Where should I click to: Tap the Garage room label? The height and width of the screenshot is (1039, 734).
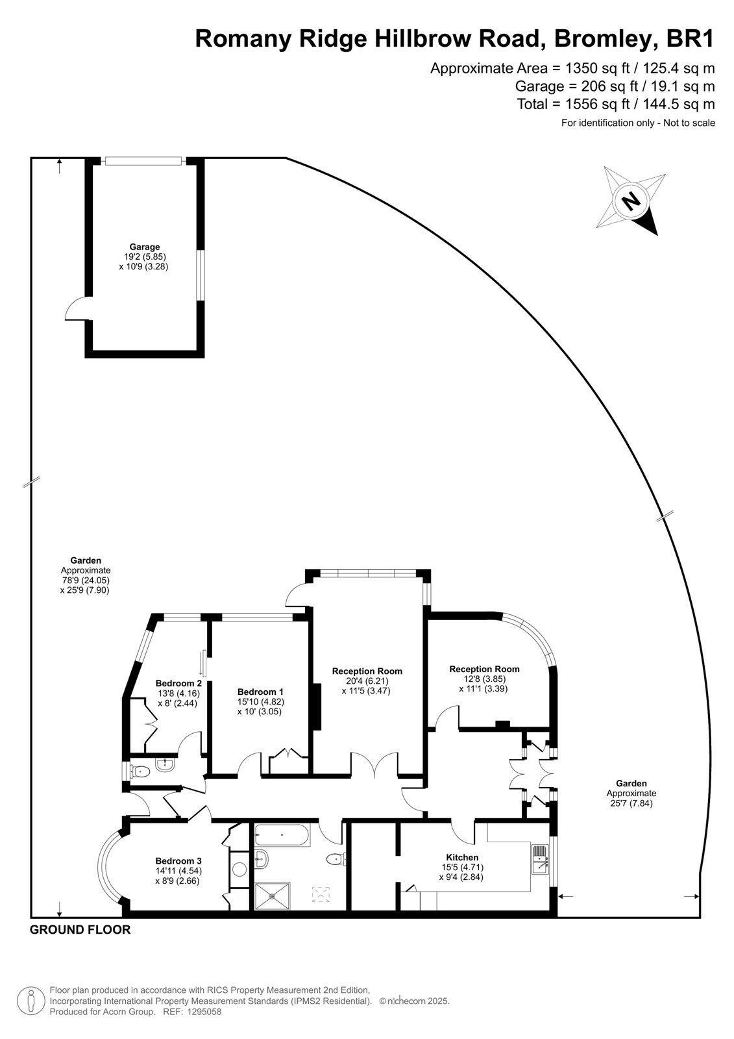tap(145, 247)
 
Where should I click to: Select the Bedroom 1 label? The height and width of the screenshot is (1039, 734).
tap(260, 692)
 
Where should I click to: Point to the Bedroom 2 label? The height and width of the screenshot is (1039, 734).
tap(178, 683)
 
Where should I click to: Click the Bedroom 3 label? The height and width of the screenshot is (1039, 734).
tap(178, 861)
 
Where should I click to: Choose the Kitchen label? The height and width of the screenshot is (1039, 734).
tap(462, 857)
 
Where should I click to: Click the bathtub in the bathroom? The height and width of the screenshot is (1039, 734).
tap(282, 835)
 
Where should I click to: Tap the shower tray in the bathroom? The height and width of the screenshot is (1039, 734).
tap(272, 895)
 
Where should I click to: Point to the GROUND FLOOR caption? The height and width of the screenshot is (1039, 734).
tap(80, 929)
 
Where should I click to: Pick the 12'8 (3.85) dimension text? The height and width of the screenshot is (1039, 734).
tap(483, 679)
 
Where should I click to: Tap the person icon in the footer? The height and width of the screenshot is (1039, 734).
tap(31, 1002)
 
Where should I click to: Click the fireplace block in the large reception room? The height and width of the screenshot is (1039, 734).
tap(317, 707)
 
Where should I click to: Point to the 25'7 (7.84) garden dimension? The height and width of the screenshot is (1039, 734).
tap(631, 803)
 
